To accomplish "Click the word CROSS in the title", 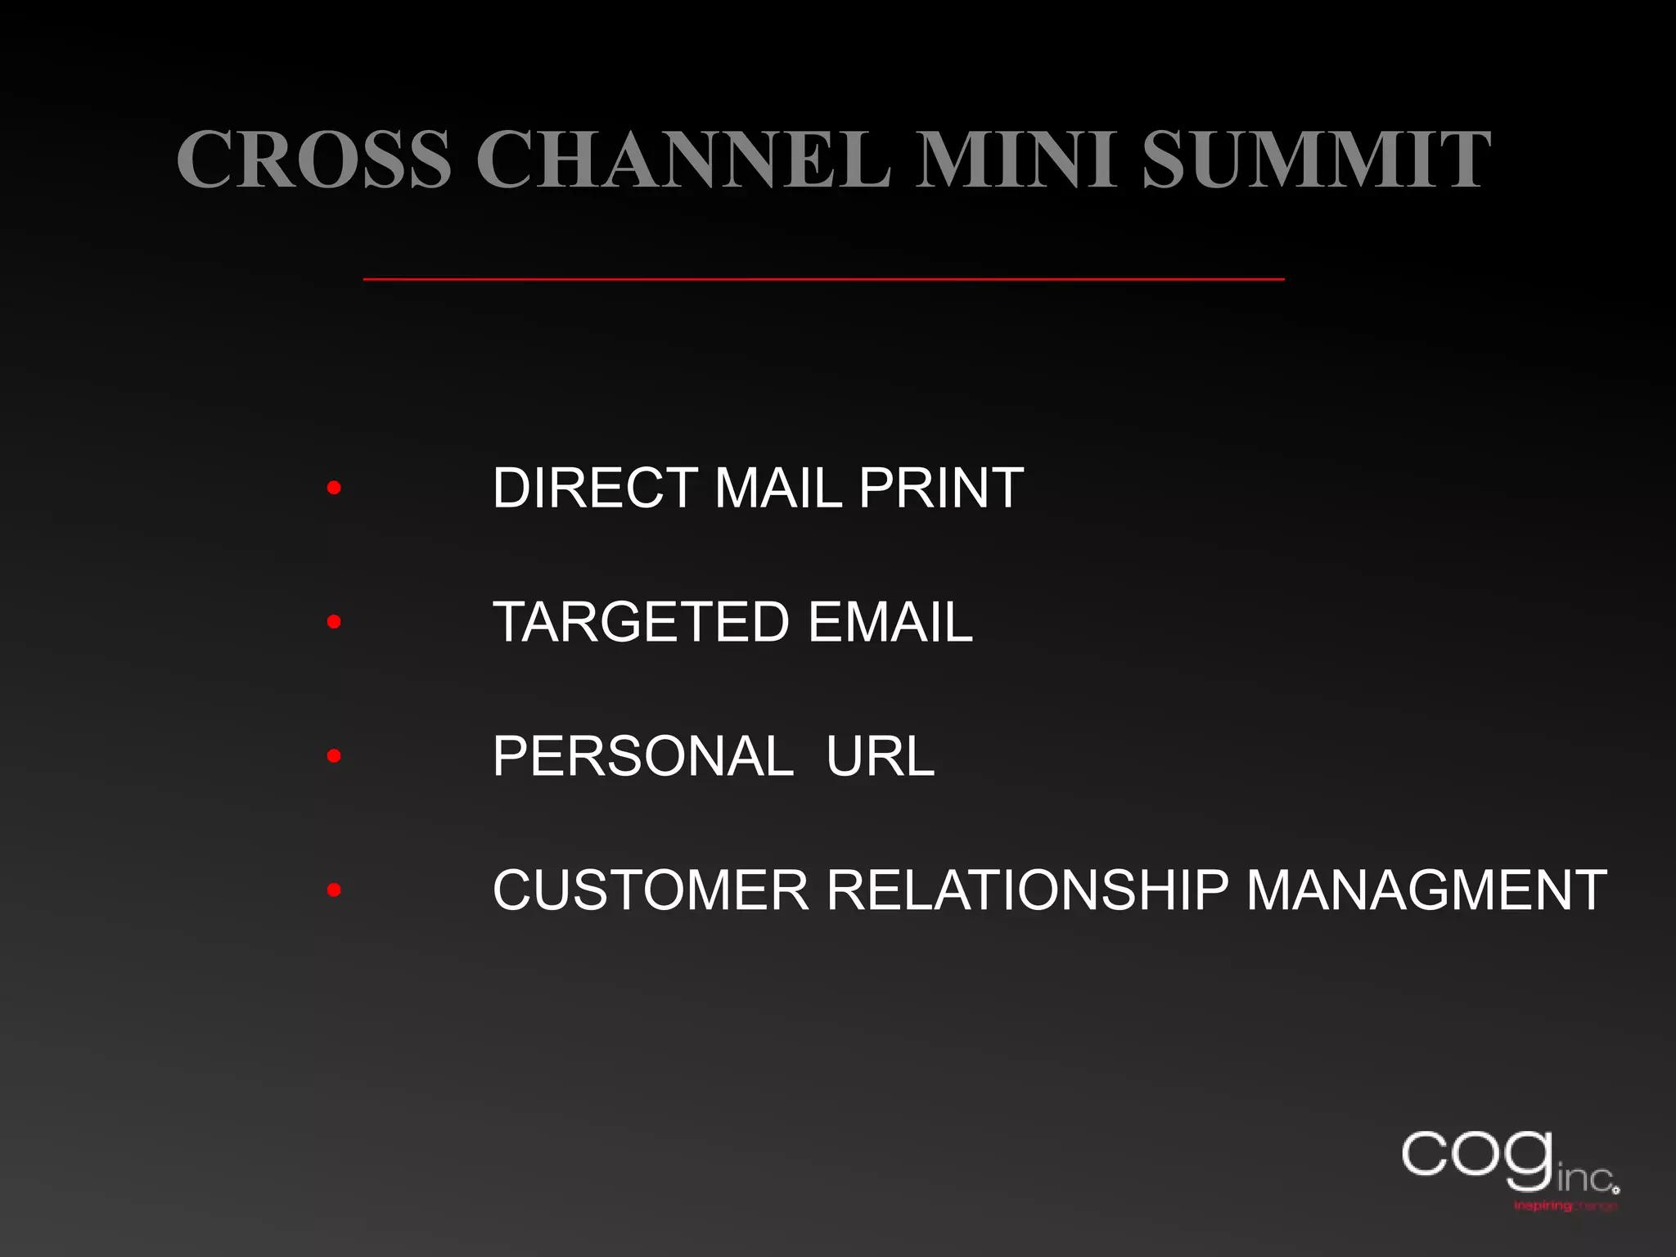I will pos(314,159).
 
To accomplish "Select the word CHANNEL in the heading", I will pos(683,159).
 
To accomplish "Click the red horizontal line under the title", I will pos(823,279).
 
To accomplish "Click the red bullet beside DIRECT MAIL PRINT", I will pos(333,489).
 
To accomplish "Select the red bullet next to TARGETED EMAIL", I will pos(333,623).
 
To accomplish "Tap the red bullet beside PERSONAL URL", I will pos(333,756).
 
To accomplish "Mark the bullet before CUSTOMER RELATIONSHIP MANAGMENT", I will pos(333,890).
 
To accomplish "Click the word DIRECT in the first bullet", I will pos(596,489).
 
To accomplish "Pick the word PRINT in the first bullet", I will pos(941,489).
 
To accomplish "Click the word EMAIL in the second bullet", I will pos(890,623).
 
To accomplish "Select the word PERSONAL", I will pos(643,756).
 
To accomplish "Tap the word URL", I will pos(880,756).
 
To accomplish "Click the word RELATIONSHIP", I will pos(1027,890).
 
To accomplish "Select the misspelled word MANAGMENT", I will pos(1426,890).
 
